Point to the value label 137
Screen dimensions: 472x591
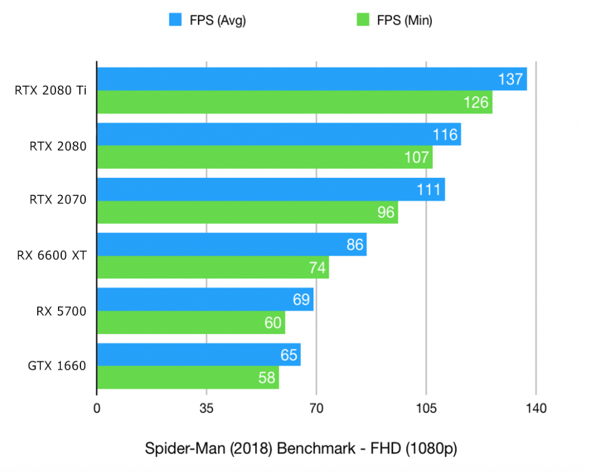pyautogui.click(x=510, y=79)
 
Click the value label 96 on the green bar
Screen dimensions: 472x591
pyautogui.click(x=386, y=212)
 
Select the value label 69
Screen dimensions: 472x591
pyautogui.click(x=300, y=300)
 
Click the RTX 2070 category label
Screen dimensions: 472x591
pyautogui.click(x=58, y=200)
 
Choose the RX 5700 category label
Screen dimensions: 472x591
pyautogui.click(x=61, y=311)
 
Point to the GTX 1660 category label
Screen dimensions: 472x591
pyautogui.click(x=57, y=366)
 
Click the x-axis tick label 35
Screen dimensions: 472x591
pyautogui.click(x=206, y=408)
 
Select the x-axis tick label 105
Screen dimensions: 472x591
pyautogui.click(x=426, y=408)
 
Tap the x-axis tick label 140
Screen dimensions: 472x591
pyautogui.click(x=536, y=408)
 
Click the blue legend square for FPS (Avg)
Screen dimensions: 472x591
pyautogui.click(x=175, y=21)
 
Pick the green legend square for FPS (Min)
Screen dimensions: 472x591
pyautogui.click(x=362, y=21)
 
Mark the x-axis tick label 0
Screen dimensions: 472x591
pyautogui.click(x=97, y=408)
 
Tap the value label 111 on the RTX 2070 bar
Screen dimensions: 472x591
pyautogui.click(x=428, y=190)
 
